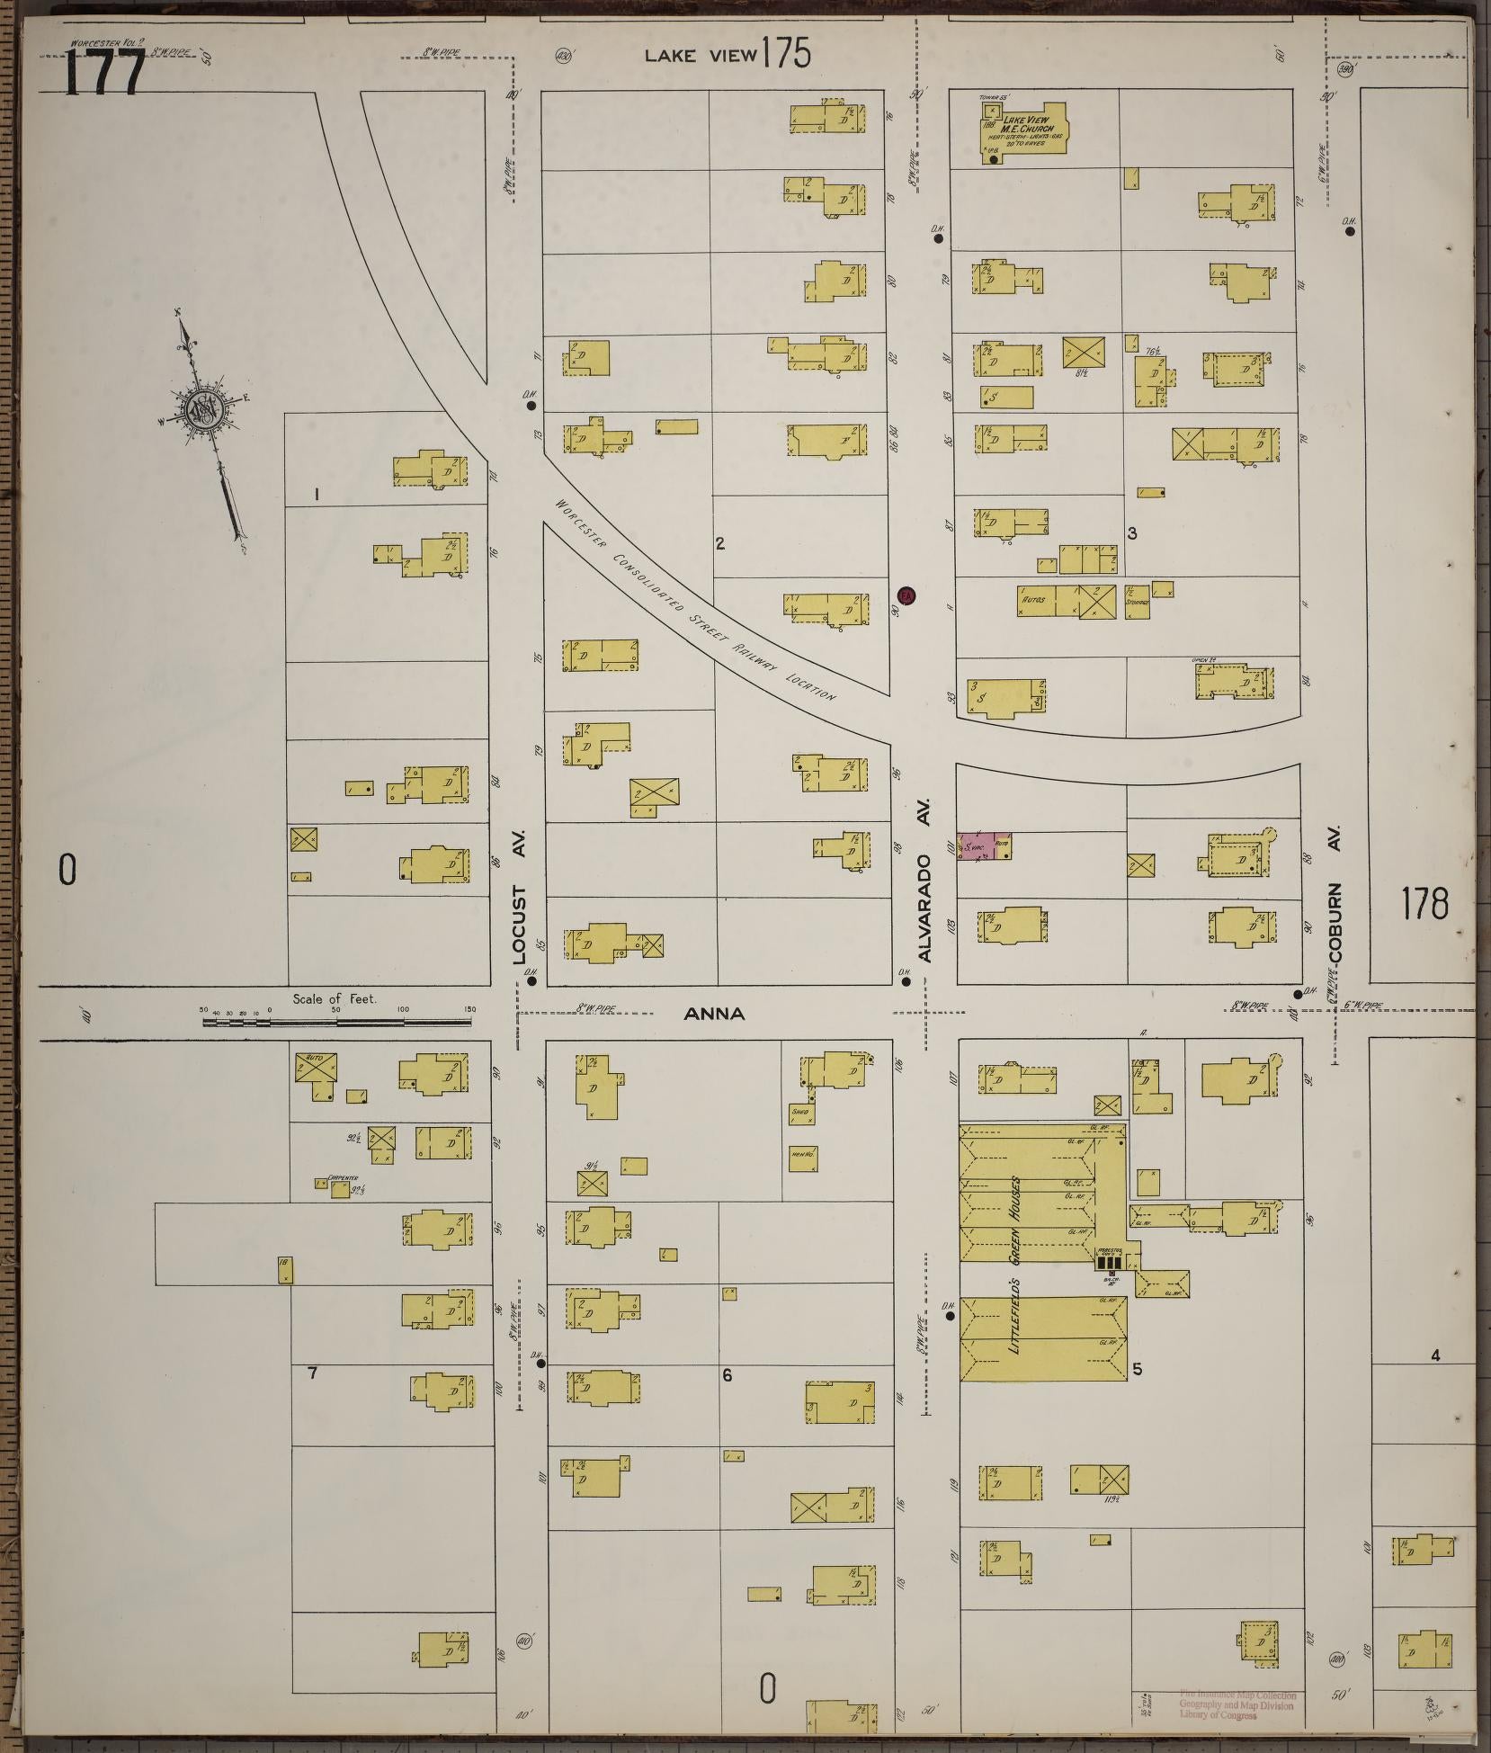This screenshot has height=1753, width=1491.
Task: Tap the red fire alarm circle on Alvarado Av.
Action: pos(906,595)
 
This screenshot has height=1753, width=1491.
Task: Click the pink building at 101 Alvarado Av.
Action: pos(984,846)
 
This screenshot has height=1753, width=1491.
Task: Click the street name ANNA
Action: pos(714,1014)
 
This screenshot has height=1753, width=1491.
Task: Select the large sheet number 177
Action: pos(104,73)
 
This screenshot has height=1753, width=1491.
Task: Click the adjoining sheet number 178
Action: pos(1424,903)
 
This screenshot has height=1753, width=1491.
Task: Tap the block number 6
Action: pos(727,1400)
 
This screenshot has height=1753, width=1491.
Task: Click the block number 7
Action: pos(312,1397)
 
